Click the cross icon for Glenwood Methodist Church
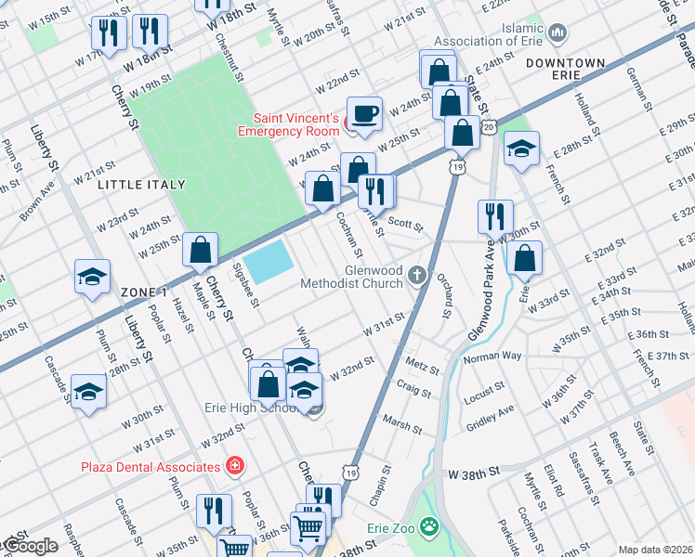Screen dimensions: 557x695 [418, 275]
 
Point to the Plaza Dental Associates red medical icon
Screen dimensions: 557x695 [236, 465]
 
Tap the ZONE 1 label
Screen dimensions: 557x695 [144, 291]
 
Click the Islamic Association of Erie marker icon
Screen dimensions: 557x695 [557, 34]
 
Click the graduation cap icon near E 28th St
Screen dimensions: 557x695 [521, 149]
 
